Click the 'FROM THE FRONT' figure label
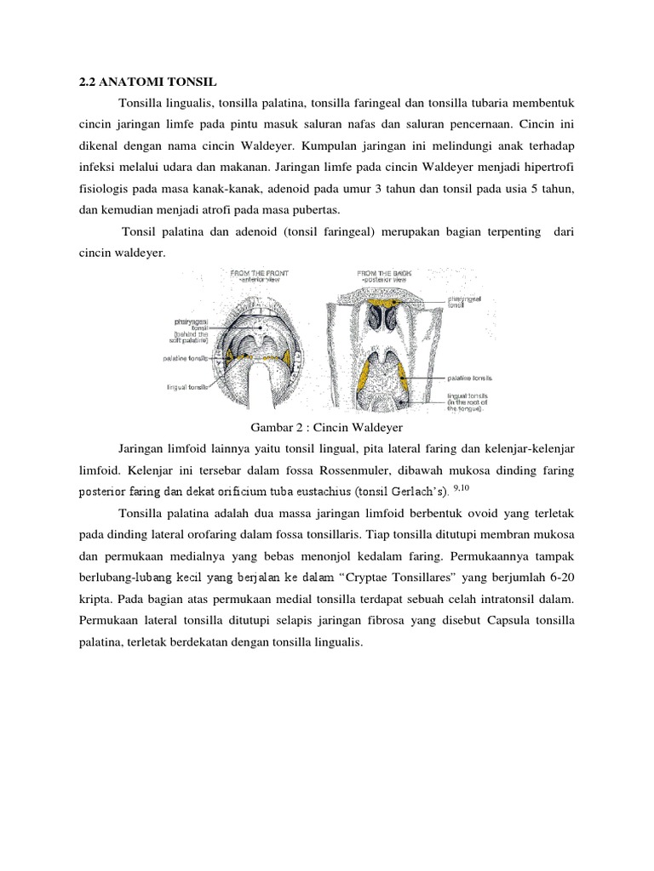(x=260, y=273)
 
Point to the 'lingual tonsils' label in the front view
(x=187, y=387)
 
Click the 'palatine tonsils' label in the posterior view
(x=470, y=377)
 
